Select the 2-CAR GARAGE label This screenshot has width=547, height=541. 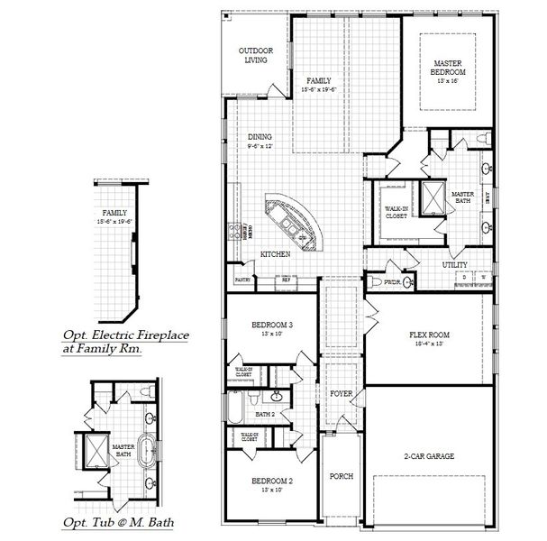(428, 457)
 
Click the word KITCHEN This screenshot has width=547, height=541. (275, 255)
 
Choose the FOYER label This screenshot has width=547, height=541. (340, 394)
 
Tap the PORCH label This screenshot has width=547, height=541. (341, 476)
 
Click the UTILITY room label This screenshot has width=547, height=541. (454, 265)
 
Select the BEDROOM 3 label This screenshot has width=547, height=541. (271, 325)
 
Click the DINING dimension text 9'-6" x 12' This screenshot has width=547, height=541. (260, 146)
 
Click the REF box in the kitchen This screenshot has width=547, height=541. (287, 281)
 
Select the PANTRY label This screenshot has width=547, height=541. (242, 280)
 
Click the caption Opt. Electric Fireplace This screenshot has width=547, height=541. (125, 335)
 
